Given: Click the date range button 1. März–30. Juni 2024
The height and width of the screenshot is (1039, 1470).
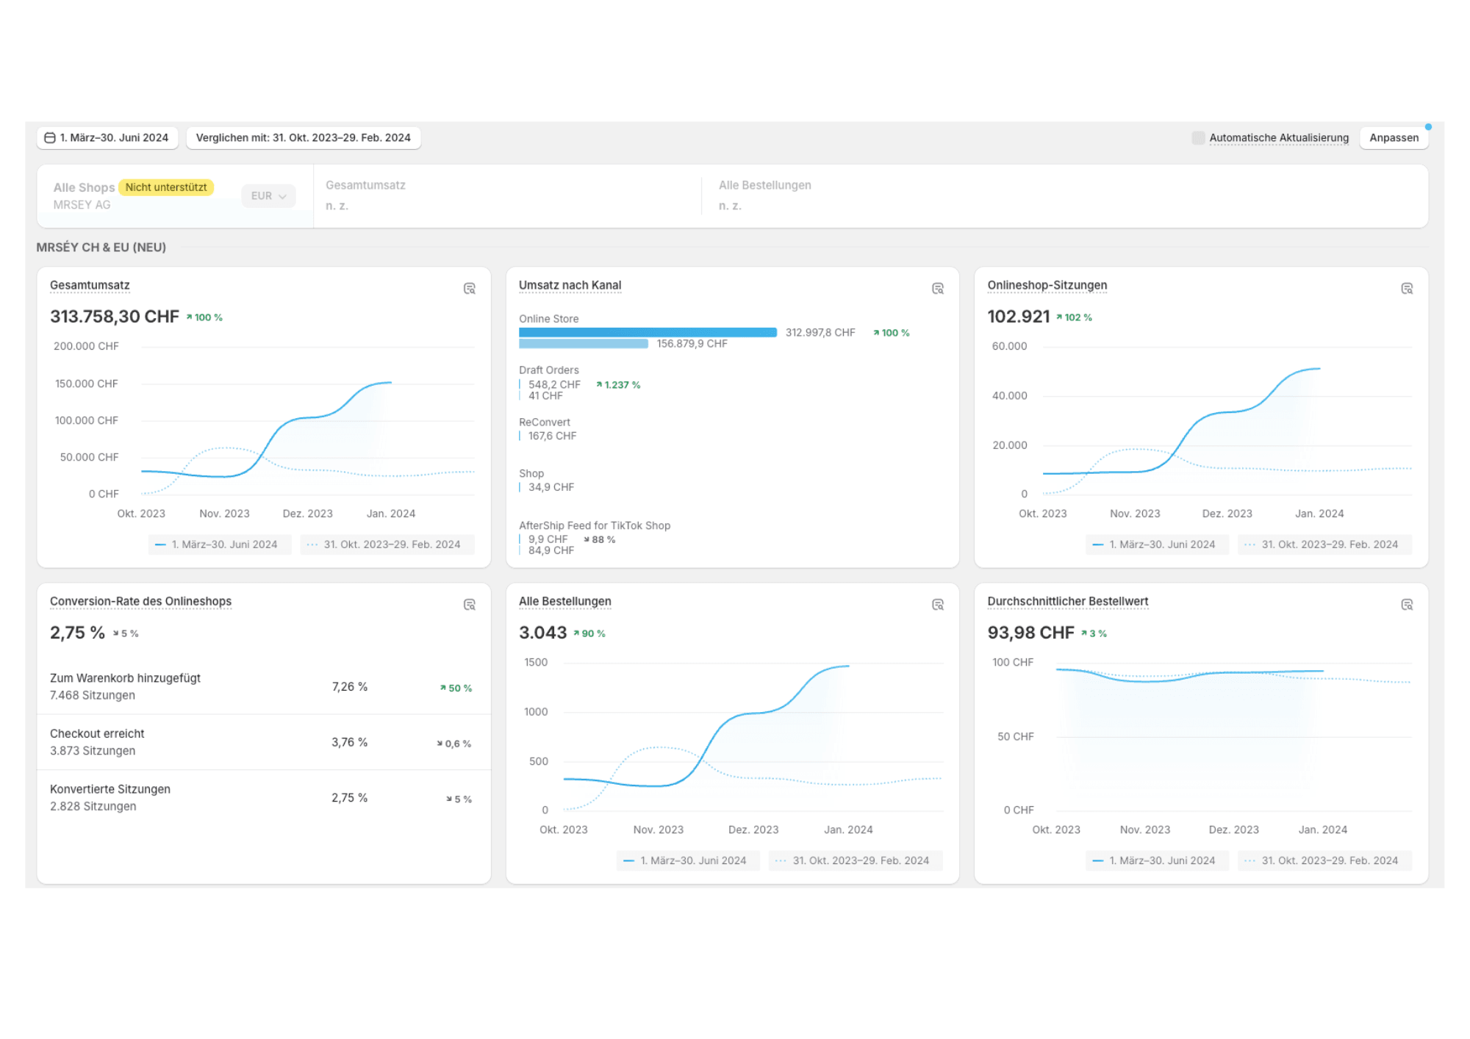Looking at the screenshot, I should coord(107,138).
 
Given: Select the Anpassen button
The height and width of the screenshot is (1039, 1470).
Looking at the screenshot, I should coord(1394,138).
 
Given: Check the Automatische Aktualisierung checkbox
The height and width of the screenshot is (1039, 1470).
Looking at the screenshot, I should coord(1198,138).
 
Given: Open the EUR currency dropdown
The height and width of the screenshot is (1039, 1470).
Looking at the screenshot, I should coord(268,196).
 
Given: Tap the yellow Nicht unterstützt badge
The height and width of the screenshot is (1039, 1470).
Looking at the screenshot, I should coord(166,187).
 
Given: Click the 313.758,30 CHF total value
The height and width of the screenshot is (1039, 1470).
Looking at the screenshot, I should coord(114,317).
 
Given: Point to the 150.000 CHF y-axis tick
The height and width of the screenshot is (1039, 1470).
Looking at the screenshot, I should coord(86,384).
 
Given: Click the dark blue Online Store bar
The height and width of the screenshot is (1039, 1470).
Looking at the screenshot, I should coord(647,333).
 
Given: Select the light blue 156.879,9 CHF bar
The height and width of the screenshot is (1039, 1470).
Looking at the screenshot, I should coord(583,344).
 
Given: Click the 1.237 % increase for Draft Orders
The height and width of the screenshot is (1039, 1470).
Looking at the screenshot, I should coord(618,385).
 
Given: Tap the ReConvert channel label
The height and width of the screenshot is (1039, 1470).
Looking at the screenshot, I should coord(544,423).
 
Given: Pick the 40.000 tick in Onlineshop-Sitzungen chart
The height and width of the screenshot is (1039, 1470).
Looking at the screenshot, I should coord(1009,396).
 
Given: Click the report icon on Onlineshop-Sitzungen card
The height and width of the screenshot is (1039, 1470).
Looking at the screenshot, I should coord(1406,289).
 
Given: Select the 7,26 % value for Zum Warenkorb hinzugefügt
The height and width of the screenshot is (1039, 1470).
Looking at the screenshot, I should coord(349,687).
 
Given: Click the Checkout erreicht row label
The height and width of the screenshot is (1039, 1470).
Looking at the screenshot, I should coord(97,734).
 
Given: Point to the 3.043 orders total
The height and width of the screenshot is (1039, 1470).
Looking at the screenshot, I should coord(542,633).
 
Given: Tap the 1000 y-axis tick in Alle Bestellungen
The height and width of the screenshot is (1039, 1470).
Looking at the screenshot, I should coord(535,712).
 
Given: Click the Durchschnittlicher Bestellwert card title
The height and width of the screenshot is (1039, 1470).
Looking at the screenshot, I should coord(1067,602).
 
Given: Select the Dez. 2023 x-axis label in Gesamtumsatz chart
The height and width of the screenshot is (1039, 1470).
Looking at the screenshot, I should coord(307,514).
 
